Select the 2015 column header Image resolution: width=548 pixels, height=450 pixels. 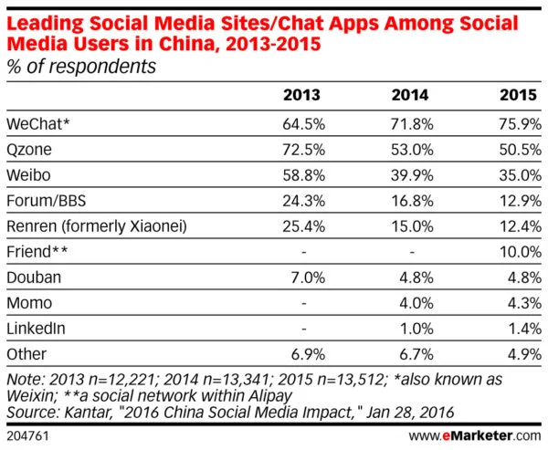(521, 94)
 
